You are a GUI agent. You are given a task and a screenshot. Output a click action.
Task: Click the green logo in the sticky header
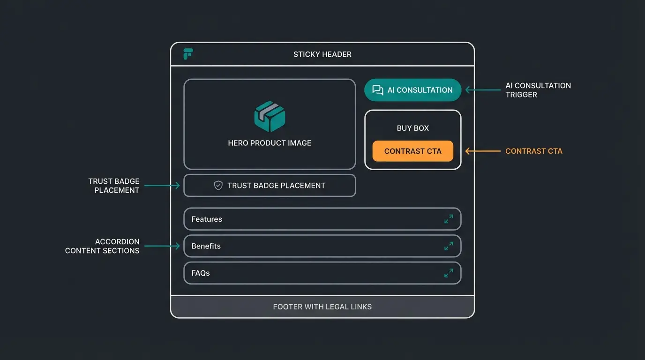pos(188,54)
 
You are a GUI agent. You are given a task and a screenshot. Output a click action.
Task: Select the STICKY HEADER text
pos(322,54)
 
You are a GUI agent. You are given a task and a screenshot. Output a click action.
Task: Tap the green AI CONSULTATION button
pos(412,90)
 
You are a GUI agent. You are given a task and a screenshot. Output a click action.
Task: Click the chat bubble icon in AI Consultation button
pos(377,90)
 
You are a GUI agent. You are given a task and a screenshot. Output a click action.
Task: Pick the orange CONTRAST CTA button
pos(412,151)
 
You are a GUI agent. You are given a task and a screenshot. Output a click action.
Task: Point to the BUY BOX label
pos(412,128)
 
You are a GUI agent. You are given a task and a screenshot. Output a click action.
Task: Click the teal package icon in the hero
pos(270,116)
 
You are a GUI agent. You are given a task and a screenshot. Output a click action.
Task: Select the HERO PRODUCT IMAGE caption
pos(270,143)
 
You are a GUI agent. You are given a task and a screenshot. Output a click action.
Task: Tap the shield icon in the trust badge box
pos(218,186)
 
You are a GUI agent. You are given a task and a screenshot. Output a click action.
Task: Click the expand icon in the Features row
pos(449,219)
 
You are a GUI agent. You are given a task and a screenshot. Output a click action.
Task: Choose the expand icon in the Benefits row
pos(449,246)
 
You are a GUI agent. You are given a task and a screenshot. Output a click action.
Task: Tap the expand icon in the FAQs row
pos(449,273)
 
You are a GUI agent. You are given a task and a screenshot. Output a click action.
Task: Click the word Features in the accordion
pos(207,219)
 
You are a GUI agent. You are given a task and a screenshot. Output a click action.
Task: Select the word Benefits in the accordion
pos(206,246)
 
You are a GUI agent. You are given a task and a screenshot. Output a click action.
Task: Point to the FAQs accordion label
pos(200,273)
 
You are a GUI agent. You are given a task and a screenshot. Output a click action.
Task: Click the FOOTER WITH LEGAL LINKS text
pos(322,307)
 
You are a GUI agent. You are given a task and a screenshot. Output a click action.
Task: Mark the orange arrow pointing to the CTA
pos(482,151)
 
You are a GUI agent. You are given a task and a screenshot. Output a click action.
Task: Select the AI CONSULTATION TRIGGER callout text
pos(538,90)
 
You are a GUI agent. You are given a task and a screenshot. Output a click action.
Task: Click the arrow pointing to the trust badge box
pos(162,186)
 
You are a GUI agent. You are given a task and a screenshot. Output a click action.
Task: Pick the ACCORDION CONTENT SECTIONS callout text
pos(102,246)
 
